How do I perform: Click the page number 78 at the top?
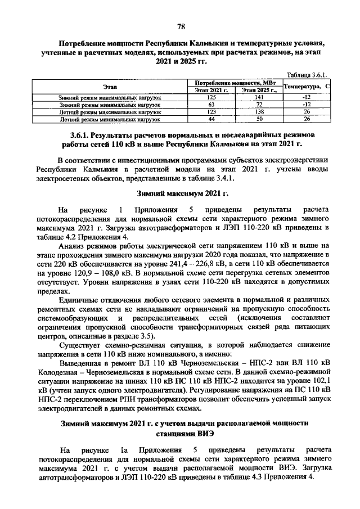click(181, 26)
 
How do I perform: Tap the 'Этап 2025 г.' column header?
click(259, 90)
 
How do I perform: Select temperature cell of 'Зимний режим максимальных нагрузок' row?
click(307, 97)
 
